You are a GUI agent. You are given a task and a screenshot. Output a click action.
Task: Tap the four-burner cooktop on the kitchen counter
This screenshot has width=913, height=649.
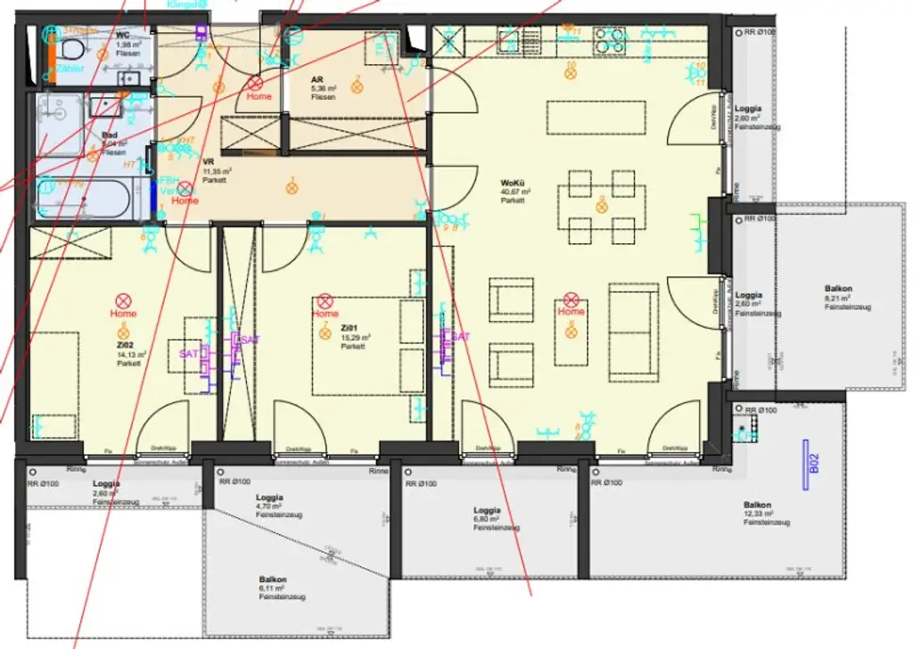(x=611, y=40)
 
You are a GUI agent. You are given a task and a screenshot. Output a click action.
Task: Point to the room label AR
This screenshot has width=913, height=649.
(x=317, y=78)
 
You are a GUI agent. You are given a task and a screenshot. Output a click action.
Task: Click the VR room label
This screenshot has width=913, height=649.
(x=209, y=161)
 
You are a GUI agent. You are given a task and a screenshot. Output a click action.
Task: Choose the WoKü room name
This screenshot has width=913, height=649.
(x=512, y=183)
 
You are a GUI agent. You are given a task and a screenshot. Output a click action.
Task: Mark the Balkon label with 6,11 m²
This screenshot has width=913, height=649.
(x=271, y=588)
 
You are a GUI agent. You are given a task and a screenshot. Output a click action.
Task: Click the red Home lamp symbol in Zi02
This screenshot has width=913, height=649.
(x=123, y=301)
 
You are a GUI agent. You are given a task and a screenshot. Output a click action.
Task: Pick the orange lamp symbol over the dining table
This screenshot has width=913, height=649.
(x=601, y=205)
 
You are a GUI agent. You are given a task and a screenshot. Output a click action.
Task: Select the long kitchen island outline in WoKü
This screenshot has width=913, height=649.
(x=596, y=117)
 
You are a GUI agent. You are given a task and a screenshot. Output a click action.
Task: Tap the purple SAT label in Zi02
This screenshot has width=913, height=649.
(x=188, y=354)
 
